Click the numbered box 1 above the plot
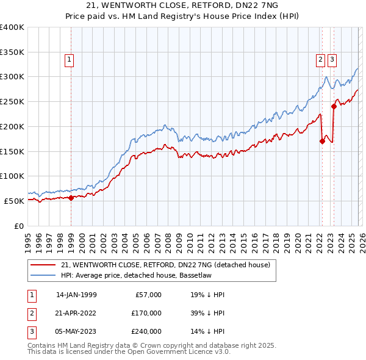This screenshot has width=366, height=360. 70,60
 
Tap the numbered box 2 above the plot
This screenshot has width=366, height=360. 320,60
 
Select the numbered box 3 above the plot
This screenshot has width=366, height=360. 332,60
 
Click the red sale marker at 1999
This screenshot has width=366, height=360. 71,197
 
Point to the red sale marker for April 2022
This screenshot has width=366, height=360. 322,141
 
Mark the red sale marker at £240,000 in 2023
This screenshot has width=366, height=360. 334,106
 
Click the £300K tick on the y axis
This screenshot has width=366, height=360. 12,77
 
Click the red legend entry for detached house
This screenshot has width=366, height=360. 169,265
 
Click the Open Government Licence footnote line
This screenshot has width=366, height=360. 129,352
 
